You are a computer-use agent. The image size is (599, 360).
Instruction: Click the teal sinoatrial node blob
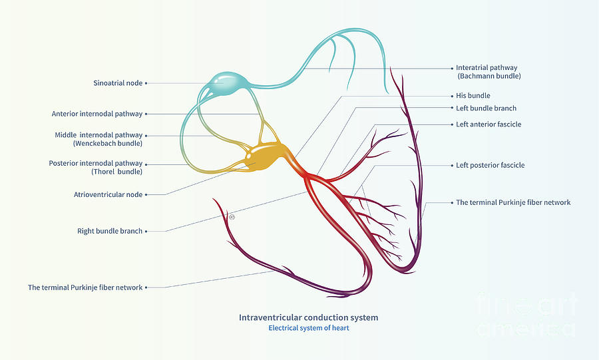pyautogui.click(x=227, y=83)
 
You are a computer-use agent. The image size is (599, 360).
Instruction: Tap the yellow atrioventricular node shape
pyautogui.click(x=265, y=156)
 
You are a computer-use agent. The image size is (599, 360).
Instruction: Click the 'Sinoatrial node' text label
pyautogui.click(x=118, y=83)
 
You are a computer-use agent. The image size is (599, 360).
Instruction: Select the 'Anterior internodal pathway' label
pyautogui.click(x=97, y=114)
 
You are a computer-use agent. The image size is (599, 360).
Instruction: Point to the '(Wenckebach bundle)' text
pyautogui.click(x=108, y=144)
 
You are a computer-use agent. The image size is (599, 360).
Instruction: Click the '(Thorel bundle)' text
pyautogui.click(x=116, y=172)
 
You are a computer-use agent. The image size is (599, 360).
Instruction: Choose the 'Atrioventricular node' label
pyautogui.click(x=108, y=194)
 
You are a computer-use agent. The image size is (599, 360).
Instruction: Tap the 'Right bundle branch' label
pyautogui.click(x=110, y=231)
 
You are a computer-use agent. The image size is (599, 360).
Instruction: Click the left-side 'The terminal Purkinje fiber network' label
pyautogui.click(x=85, y=287)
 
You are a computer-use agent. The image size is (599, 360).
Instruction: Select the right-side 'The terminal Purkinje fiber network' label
pyautogui.click(x=513, y=202)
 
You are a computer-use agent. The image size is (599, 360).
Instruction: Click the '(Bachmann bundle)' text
pyautogui.click(x=489, y=76)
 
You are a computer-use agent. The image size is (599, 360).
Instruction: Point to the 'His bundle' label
pyautogui.click(x=473, y=95)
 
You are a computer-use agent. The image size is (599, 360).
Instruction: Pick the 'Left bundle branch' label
pyautogui.click(x=486, y=108)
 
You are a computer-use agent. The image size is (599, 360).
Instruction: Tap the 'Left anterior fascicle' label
pyautogui.click(x=489, y=124)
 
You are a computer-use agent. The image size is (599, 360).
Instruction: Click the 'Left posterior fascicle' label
pyautogui.click(x=490, y=165)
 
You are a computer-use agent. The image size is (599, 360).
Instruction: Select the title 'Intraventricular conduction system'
pyautogui.click(x=309, y=317)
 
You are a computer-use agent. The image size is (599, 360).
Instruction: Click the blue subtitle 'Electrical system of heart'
pyautogui.click(x=309, y=328)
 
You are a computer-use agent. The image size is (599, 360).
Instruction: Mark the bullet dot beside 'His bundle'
pyautogui.click(x=452, y=96)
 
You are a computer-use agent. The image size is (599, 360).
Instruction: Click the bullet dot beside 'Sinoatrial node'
pyautogui.click(x=146, y=83)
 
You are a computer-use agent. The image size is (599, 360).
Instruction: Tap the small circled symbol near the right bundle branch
pyautogui.click(x=232, y=217)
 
